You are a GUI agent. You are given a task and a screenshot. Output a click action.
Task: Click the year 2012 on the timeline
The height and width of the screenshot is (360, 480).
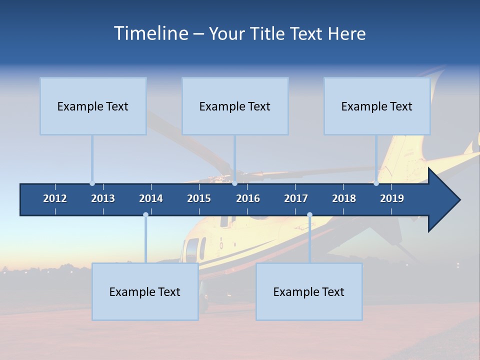[x=55, y=198]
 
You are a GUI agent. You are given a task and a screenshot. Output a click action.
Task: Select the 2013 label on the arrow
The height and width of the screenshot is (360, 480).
[x=103, y=198]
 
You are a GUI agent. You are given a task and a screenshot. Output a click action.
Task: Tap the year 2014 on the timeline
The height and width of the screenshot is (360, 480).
[x=151, y=198]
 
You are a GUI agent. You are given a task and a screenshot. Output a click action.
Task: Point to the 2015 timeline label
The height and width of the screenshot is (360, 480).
[x=199, y=198]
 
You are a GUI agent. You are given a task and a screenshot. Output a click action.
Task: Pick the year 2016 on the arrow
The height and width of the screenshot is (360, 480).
[x=248, y=198]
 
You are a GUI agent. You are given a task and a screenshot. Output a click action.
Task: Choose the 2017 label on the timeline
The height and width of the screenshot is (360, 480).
[x=296, y=198]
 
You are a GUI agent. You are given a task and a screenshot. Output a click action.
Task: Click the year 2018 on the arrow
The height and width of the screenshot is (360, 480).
[x=344, y=198]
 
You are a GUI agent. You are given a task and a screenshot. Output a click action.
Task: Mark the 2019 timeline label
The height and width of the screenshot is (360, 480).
[x=392, y=198]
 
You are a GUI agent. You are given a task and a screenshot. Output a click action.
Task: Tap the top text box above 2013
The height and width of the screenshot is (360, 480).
[x=93, y=106]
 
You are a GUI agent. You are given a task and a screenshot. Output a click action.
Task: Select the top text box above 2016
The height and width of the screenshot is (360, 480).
[x=235, y=106]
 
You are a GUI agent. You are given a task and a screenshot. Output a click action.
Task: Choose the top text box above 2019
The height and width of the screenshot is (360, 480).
[x=377, y=106]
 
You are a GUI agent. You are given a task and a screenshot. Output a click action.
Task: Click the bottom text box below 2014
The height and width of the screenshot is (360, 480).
[x=145, y=291]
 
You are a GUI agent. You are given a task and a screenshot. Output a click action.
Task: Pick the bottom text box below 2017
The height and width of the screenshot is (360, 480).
[x=309, y=291]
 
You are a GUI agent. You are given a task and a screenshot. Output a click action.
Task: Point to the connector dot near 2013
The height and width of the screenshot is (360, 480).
[x=92, y=183]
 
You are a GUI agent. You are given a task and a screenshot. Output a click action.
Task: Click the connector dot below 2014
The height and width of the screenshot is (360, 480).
[x=145, y=214]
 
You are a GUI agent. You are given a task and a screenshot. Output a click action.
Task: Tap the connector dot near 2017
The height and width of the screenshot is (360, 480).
[x=309, y=214]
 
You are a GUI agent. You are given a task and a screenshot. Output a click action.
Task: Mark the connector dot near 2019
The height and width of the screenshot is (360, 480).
[x=376, y=183]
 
